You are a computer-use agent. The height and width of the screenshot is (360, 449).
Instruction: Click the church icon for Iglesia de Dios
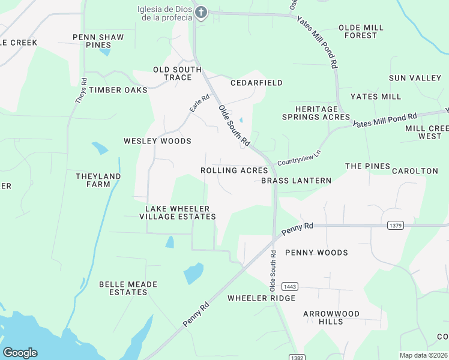coord(201,13)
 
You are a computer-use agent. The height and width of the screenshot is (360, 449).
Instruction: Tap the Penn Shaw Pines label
coord(98,41)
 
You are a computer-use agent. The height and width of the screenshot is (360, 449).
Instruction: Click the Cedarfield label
coord(256,83)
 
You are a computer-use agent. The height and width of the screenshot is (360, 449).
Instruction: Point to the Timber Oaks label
coord(118,90)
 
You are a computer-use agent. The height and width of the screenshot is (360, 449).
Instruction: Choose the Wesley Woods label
coord(157,141)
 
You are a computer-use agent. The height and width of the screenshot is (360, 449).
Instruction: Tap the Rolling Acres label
coord(234,170)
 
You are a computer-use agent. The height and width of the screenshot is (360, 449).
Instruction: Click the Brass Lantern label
coord(297,181)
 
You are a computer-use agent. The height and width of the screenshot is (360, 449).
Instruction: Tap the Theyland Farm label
coord(98,180)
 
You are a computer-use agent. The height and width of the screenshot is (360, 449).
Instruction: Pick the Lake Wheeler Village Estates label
coord(178,212)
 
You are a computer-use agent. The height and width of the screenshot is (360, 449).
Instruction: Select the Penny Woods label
coord(316,253)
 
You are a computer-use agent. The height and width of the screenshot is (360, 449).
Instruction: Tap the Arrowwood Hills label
coord(331,317)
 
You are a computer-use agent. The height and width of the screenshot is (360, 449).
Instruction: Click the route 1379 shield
coord(395,226)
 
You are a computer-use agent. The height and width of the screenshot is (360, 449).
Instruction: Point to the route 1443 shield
coord(289,287)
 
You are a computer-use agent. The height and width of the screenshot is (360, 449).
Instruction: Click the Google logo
coord(20,353)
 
